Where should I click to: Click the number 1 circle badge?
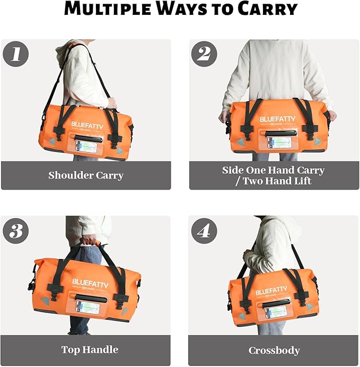[16, 53]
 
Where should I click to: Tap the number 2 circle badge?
[204, 53]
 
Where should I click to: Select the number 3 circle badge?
[16, 231]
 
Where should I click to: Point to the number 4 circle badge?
[204, 231]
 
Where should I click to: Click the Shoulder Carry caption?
[85, 175]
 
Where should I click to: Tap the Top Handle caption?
[90, 350]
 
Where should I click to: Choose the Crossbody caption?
[274, 351]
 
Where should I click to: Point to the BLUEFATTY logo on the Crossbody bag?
[271, 291]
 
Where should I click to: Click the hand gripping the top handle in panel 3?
[89, 241]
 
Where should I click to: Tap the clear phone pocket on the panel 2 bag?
[278, 142]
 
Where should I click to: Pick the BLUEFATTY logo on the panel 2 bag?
[278, 120]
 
